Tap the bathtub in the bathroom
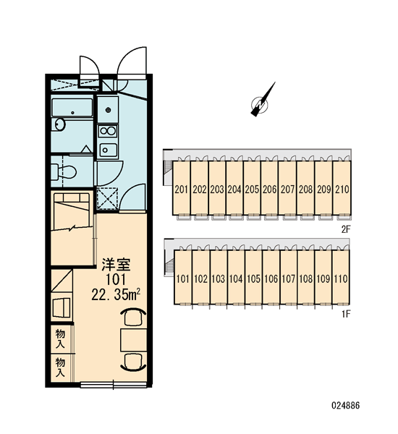click(x=72, y=107)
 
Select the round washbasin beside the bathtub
click(x=59, y=124)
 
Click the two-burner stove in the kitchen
click(x=108, y=131)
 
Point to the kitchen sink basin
click(x=108, y=150)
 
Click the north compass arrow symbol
click(x=262, y=101)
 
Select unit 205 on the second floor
click(x=252, y=189)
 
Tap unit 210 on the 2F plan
click(x=342, y=189)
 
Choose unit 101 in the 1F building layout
click(x=183, y=278)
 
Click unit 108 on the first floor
click(x=306, y=278)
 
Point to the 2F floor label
click(x=346, y=229)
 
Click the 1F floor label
click(x=346, y=314)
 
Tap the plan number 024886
click(x=346, y=406)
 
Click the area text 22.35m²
click(x=116, y=294)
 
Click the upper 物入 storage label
click(x=60, y=339)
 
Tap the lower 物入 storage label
click(x=60, y=367)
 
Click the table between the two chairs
click(x=133, y=340)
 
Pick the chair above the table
click(x=133, y=318)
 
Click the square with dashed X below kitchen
click(x=108, y=199)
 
